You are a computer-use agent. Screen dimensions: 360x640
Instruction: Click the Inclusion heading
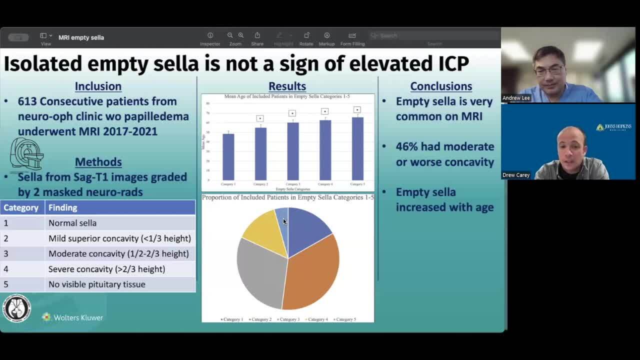click(x=98, y=86)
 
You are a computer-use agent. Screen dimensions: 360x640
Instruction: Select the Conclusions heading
click(x=441, y=86)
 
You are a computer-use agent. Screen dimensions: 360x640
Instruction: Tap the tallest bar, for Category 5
click(x=357, y=148)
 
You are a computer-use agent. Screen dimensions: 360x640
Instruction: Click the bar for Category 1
click(x=228, y=156)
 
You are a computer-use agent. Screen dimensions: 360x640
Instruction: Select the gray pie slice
click(x=260, y=272)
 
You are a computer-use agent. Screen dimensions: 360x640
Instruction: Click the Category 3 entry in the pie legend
click(x=288, y=319)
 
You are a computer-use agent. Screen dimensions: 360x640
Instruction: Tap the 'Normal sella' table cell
click(x=72, y=223)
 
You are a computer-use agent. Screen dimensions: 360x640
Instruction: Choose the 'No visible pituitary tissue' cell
click(x=96, y=284)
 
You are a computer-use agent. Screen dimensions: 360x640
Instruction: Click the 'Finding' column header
click(x=62, y=207)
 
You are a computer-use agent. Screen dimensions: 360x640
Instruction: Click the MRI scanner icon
click(x=27, y=154)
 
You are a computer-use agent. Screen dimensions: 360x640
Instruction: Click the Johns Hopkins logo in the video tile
click(x=613, y=127)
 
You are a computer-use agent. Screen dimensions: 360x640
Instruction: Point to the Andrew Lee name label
click(x=516, y=98)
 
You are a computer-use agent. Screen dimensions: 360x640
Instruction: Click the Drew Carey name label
click(x=515, y=175)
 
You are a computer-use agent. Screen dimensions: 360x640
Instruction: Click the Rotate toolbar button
click(x=306, y=38)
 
